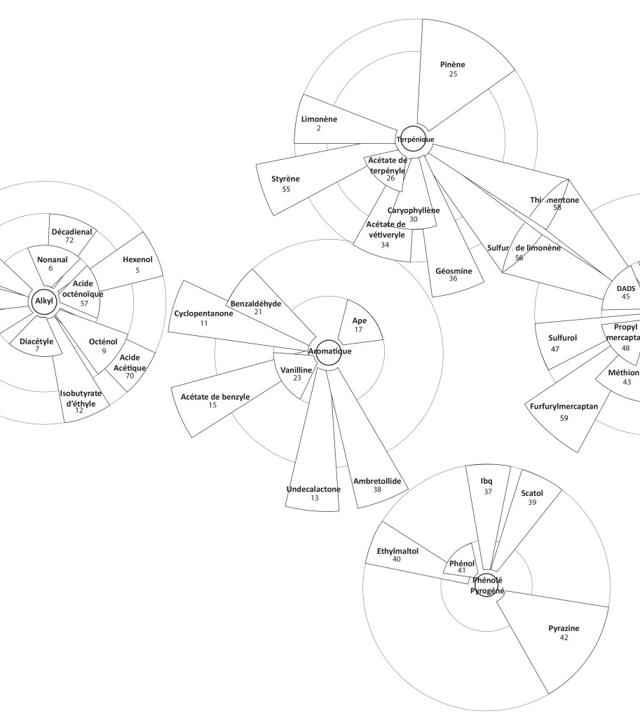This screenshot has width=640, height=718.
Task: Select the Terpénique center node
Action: coord(415,140)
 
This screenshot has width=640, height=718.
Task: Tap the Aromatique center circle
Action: coord(328,351)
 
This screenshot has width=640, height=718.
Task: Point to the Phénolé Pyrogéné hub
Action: coord(487,585)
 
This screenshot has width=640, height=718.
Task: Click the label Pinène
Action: coord(453,65)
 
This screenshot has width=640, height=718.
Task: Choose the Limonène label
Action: coord(319,119)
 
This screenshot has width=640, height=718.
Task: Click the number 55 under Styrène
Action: coord(286,189)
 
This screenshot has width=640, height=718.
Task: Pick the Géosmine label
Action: coord(454,271)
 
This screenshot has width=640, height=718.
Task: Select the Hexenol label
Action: coord(137,259)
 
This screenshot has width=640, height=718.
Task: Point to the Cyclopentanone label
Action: coord(204,313)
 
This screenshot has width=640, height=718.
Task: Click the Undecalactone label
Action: coord(313,489)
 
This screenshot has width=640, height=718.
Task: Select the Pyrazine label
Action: coord(564,628)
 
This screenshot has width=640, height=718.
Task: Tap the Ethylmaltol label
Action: coord(397,551)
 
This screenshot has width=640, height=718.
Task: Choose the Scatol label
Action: coord(532,493)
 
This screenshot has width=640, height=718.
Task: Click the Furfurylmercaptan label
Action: coord(564,406)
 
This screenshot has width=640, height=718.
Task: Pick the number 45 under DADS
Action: coord(625,297)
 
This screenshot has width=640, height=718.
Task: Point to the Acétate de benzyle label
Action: coord(215,397)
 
